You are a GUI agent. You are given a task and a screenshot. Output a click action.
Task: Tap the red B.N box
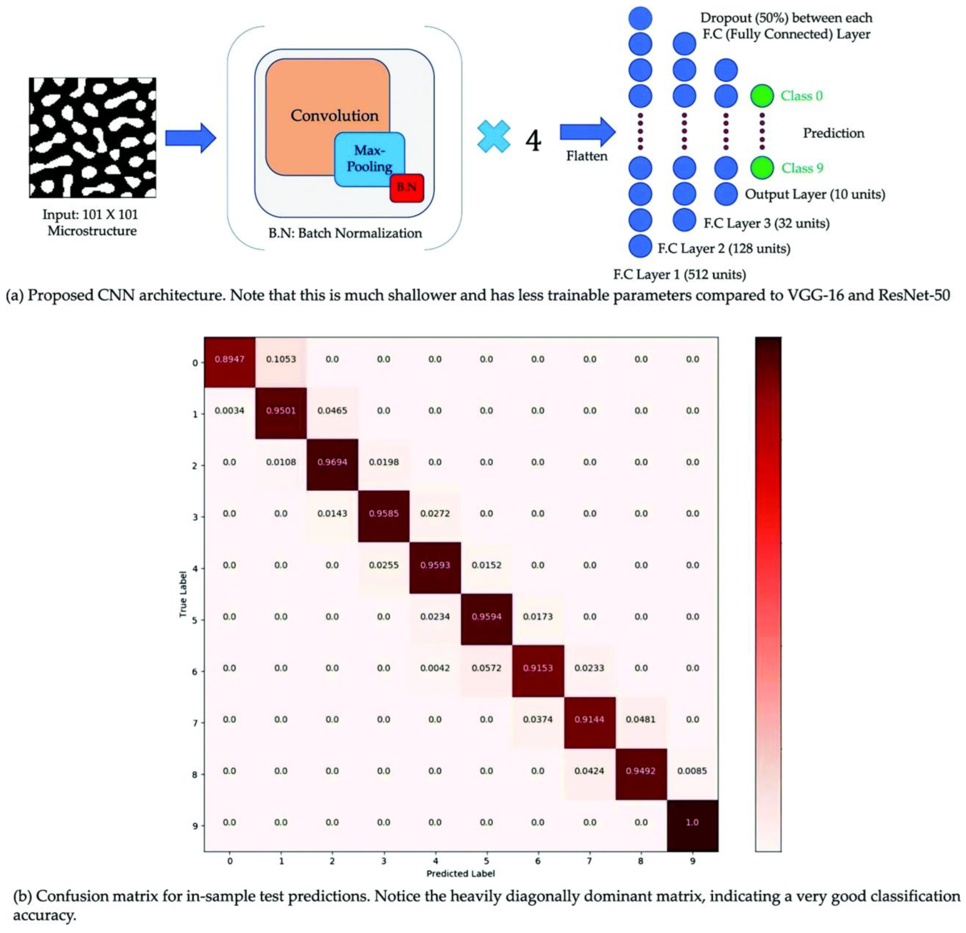(407, 188)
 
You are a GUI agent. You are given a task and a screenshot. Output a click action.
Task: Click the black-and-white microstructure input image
(93, 138)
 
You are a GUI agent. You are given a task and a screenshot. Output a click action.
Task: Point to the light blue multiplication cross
(494, 137)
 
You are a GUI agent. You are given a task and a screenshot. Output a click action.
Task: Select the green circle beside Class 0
(762, 96)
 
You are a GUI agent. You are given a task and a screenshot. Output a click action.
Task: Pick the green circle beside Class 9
(762, 168)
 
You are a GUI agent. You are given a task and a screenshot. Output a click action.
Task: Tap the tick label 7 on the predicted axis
(589, 861)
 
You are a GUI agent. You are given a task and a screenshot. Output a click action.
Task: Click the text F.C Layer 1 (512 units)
(679, 274)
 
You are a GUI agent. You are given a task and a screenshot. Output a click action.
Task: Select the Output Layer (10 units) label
(815, 194)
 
